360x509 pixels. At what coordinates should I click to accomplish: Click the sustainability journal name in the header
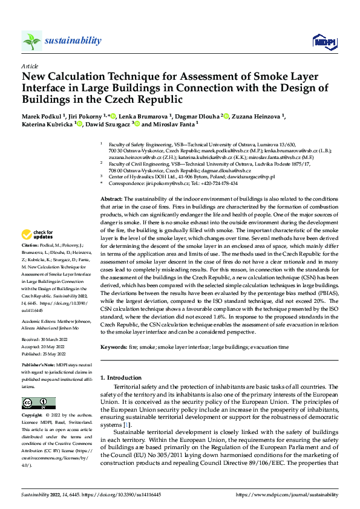click(73, 41)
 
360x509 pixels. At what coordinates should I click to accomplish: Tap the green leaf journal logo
click(31, 41)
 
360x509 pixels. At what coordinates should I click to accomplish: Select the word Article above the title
click(29, 65)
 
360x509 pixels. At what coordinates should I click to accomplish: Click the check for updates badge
click(38, 235)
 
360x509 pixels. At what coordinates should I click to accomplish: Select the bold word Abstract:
click(111, 199)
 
